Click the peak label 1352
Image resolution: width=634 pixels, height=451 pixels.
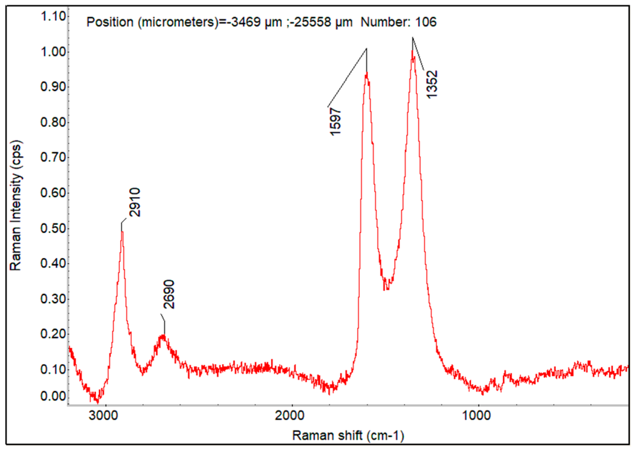coord(431,84)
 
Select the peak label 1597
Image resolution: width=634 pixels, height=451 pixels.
coord(335,121)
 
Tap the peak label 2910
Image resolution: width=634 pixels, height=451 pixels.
coord(135,202)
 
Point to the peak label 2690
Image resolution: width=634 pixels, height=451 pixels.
coord(169,294)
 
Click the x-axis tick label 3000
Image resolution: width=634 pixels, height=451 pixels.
coord(103,416)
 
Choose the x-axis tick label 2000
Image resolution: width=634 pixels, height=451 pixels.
coord(290,416)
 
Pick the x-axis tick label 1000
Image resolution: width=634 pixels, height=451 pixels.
coord(476,416)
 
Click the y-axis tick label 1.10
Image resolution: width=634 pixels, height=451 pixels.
coord(53,16)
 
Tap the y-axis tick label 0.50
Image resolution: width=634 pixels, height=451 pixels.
coord(53,228)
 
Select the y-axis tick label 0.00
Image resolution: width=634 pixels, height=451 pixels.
coord(53,396)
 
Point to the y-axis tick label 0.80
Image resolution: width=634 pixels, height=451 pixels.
coord(53,122)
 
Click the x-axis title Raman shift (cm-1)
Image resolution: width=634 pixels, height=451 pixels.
coord(348,436)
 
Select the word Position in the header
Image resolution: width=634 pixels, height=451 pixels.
coord(110,22)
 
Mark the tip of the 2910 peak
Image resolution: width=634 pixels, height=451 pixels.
coord(122,232)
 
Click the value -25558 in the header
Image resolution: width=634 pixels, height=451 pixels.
coord(310,22)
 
